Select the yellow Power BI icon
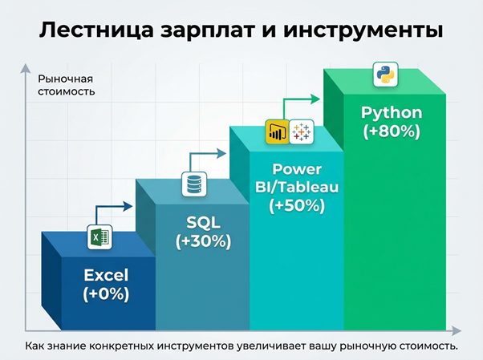277,132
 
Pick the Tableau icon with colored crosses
302,132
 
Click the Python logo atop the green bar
384,78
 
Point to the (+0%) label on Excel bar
106,294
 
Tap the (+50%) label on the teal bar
297,205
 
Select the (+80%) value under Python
392,132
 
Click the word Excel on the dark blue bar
106,276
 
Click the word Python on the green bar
392,113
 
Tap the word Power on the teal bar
297,170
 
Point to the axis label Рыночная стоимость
66,85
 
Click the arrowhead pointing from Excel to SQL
130,206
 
